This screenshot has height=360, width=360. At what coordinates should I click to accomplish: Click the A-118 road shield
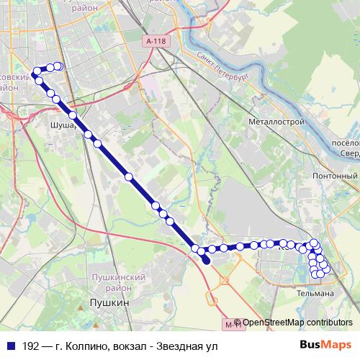pyautogui.click(x=155, y=42)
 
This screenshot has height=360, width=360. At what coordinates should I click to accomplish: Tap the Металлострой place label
pyautogui.click(x=276, y=122)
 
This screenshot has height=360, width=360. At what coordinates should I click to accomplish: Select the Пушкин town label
pyautogui.click(x=107, y=305)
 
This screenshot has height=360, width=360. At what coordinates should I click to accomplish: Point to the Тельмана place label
pyautogui.click(x=315, y=294)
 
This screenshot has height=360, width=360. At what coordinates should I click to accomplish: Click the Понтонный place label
pyautogui.click(x=335, y=176)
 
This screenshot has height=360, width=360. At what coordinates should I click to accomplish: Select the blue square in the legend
pyautogui.click(x=10, y=346)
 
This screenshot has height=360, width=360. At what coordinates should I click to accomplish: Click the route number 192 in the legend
pyautogui.click(x=30, y=346)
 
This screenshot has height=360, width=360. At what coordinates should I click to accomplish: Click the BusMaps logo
pyautogui.click(x=326, y=345)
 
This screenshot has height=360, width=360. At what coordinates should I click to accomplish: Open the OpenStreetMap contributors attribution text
pyautogui.click(x=297, y=323)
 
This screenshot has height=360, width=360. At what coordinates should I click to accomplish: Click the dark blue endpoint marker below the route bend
pyautogui.click(x=207, y=262)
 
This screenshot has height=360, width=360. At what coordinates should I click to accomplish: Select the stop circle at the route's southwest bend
pyautogui.click(x=194, y=248)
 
